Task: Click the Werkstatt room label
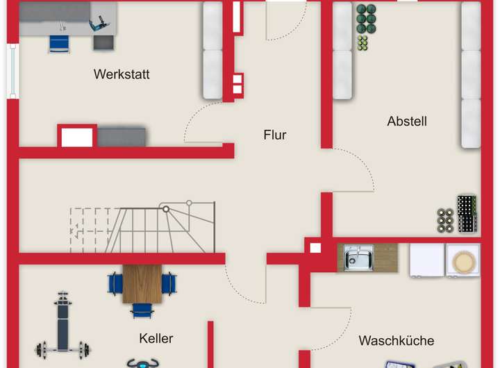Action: click(x=122, y=74)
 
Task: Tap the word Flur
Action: click(x=274, y=135)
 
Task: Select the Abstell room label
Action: click(x=407, y=122)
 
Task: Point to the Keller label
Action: click(x=156, y=339)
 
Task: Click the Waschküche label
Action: click(x=396, y=341)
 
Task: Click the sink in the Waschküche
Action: click(x=358, y=258)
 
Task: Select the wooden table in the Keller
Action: click(x=142, y=284)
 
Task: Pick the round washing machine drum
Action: click(x=462, y=261)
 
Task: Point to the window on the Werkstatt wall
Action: click(x=12, y=71)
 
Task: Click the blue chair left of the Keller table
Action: click(x=115, y=283)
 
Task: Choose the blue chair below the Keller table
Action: click(x=142, y=310)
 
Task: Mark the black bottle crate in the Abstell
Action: click(x=467, y=215)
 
